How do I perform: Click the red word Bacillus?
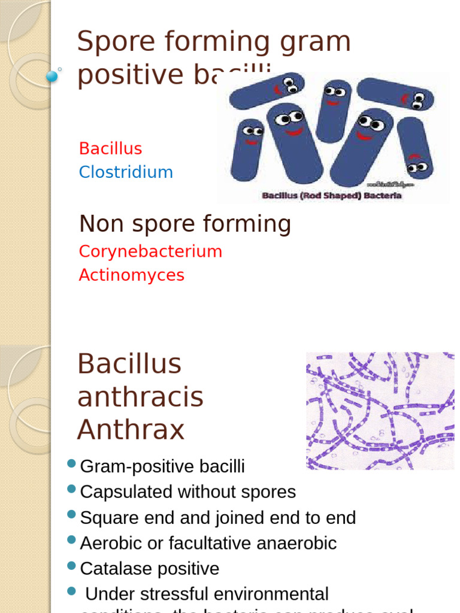110,148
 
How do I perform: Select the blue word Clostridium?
126,172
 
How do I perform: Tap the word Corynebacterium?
150,251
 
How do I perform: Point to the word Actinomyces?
132,275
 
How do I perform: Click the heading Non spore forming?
185,224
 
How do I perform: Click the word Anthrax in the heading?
131,430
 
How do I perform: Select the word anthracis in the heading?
140,397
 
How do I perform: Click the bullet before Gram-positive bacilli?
72,463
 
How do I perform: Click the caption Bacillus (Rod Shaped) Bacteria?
331,196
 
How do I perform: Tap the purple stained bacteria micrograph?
380,411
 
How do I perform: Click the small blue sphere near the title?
52,76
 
